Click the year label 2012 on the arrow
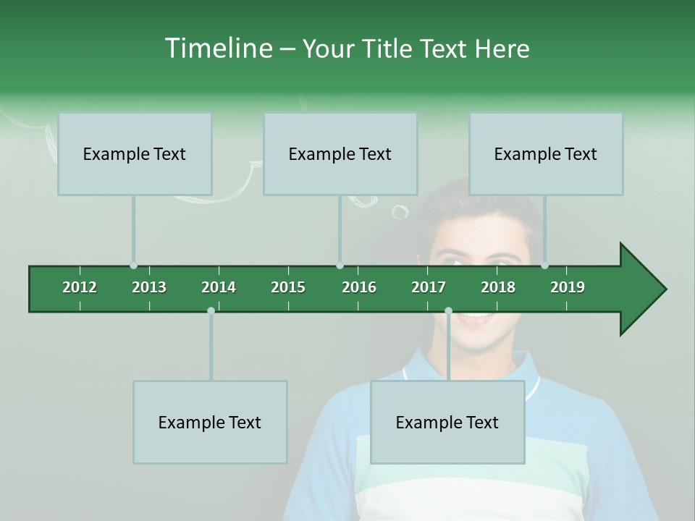(x=80, y=287)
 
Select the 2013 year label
(x=149, y=287)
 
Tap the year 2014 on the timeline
(x=219, y=287)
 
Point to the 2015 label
(x=288, y=287)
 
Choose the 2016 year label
(x=359, y=287)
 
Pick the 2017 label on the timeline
(x=429, y=287)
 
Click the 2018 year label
(x=498, y=287)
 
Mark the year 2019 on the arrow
(x=568, y=287)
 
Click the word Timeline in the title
(x=216, y=48)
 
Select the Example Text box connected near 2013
(x=135, y=153)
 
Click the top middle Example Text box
(x=340, y=153)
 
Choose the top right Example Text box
(x=546, y=153)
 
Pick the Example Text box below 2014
(x=210, y=422)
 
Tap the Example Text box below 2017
(x=447, y=422)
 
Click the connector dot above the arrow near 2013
(x=133, y=266)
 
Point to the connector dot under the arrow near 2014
(x=211, y=311)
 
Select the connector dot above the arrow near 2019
(x=544, y=266)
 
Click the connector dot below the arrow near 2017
(x=448, y=311)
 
